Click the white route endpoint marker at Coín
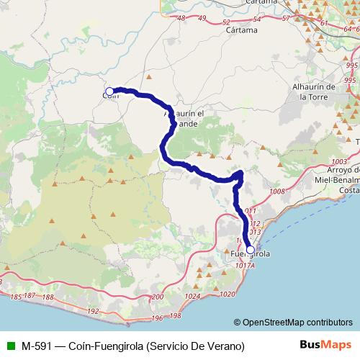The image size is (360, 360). coord(109,91)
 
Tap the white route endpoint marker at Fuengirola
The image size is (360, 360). coord(250,251)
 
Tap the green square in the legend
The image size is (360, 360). coord(9,346)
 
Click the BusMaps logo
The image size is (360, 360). coord(327,345)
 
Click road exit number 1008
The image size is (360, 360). coord(276,192)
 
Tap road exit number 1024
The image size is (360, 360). coord(191,296)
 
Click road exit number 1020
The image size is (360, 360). coord(228,294)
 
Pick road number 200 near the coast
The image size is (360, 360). coord(159,297)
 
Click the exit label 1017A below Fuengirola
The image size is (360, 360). coord(245,265)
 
